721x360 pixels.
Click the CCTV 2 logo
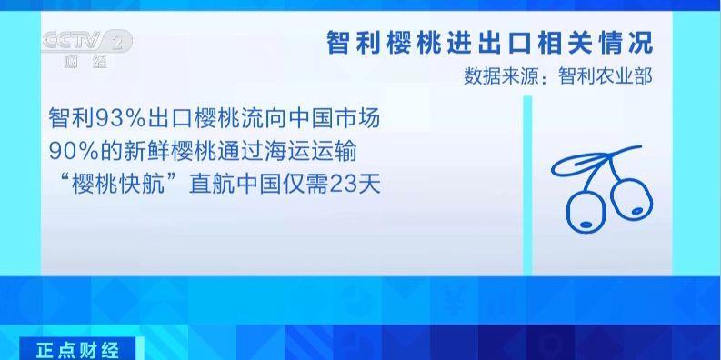click(x=86, y=41)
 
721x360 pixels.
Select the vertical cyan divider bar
click(x=526, y=182)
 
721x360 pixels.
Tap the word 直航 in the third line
click(x=208, y=183)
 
